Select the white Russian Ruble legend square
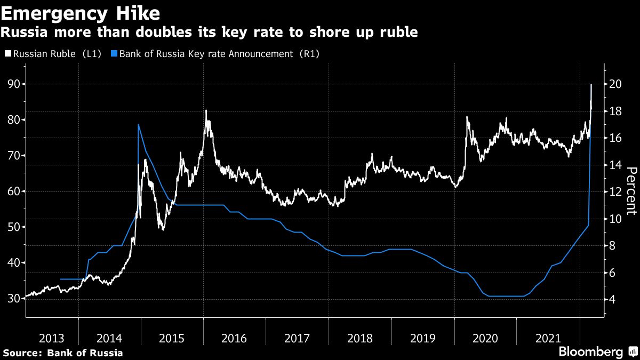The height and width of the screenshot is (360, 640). point(7,53)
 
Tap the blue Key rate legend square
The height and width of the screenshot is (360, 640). point(114,53)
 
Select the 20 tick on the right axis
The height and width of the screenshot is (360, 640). point(615,84)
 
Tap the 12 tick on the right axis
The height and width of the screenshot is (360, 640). point(615,191)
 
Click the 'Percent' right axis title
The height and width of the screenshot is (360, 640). point(631,190)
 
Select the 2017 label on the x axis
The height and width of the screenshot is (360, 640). point(297,338)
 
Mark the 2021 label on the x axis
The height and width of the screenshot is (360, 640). point(548,338)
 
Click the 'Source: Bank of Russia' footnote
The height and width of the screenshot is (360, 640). point(63,353)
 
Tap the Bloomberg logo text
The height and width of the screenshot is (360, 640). point(590,351)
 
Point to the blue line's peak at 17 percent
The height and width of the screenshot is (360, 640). point(139,125)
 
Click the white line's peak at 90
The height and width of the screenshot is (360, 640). point(591,85)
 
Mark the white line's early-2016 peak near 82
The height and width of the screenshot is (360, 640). point(206,111)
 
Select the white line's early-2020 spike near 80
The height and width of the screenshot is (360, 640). point(467,117)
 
